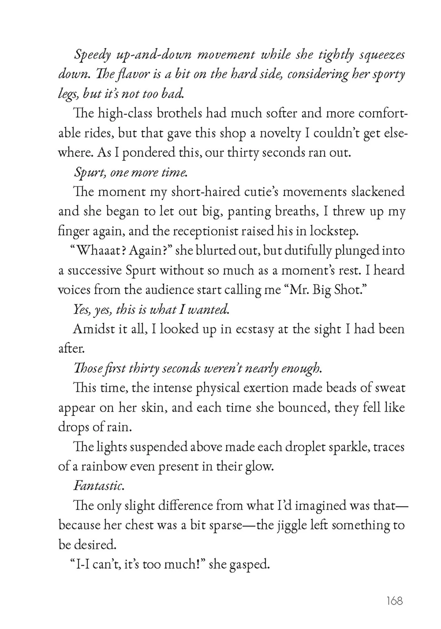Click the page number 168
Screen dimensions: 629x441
point(395,601)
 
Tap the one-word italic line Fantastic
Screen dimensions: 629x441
point(99,486)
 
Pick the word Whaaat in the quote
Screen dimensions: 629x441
point(100,251)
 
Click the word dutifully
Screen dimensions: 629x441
point(297,251)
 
